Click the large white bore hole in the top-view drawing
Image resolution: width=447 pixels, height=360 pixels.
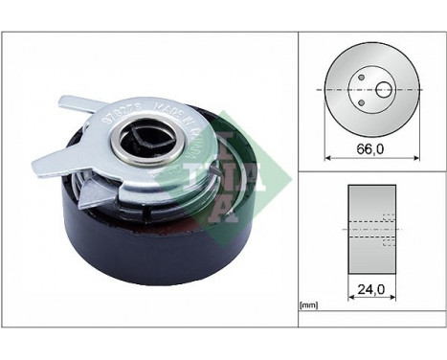(x=383, y=90)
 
